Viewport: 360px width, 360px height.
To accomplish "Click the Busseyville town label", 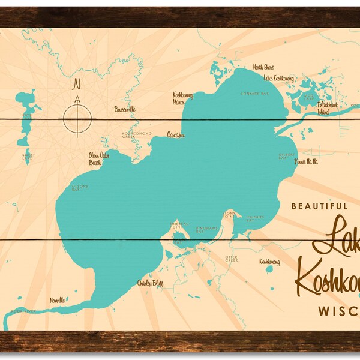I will coord(125,110).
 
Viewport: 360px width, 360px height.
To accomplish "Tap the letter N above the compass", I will coord(76,85).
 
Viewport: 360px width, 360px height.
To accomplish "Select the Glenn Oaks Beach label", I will coord(98,158).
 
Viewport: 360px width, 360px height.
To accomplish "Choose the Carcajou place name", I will coord(176,134).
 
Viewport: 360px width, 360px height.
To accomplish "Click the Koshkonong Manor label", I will coord(182,98).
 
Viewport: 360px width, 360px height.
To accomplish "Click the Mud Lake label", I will coord(308,97).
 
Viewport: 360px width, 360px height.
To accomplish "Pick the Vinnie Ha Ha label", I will coord(306,161).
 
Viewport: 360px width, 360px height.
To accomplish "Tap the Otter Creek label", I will coord(232,259).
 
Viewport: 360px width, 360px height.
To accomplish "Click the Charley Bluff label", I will coord(149,283).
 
